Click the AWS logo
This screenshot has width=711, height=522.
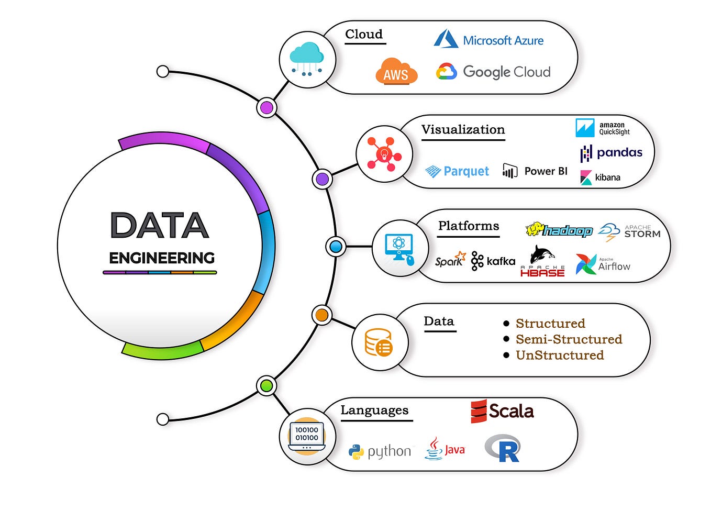(x=396, y=72)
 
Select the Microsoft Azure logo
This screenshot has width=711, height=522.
(x=489, y=40)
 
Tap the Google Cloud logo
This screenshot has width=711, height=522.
(x=493, y=72)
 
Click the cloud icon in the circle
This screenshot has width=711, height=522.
(x=307, y=59)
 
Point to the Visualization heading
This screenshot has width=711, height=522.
(x=463, y=129)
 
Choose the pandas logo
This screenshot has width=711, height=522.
(x=611, y=153)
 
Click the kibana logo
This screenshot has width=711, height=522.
(x=601, y=177)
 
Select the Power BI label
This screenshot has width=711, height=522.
(x=546, y=171)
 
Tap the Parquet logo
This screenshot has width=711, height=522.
(x=457, y=171)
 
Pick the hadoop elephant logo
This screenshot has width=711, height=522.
(x=559, y=230)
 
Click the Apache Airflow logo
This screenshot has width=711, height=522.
(x=603, y=264)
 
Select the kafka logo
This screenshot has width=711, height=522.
(x=493, y=261)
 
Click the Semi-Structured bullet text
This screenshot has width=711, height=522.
(x=569, y=339)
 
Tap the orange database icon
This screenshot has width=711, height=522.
(x=379, y=343)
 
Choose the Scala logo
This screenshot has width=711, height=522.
(x=502, y=411)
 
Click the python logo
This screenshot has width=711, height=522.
(x=380, y=451)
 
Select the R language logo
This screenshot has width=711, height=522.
(x=503, y=448)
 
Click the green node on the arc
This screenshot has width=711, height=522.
(x=266, y=386)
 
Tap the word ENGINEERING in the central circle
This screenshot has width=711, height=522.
(x=162, y=258)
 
